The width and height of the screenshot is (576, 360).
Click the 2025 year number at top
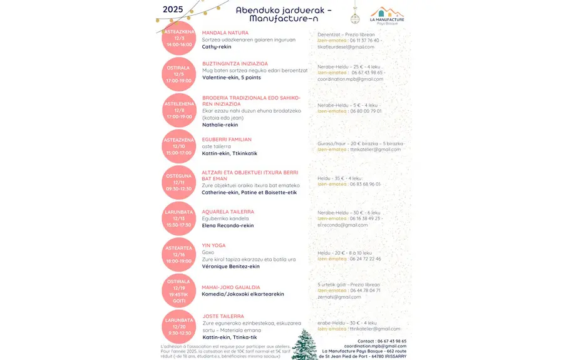(173, 9)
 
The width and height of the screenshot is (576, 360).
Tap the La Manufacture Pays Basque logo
(387, 16)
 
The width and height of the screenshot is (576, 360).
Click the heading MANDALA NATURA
(225, 33)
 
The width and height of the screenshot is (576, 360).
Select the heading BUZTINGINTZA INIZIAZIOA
(235, 64)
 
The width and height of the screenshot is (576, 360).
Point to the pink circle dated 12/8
(179, 110)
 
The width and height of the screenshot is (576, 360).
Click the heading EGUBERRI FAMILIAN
(227, 140)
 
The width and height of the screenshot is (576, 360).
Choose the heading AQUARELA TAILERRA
(228, 212)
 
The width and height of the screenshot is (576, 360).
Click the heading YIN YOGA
(213, 245)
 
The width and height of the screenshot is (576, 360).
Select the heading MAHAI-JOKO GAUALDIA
(231, 287)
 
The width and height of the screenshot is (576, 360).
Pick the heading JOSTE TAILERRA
(224, 316)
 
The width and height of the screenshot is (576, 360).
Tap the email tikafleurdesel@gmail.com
(346, 47)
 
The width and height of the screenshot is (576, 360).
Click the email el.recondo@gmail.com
(342, 225)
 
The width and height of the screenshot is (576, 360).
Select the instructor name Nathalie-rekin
(220, 125)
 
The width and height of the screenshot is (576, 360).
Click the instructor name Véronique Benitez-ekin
(230, 266)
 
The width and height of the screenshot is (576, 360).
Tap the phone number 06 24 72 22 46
(366, 259)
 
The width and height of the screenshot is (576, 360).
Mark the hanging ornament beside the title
(354, 16)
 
